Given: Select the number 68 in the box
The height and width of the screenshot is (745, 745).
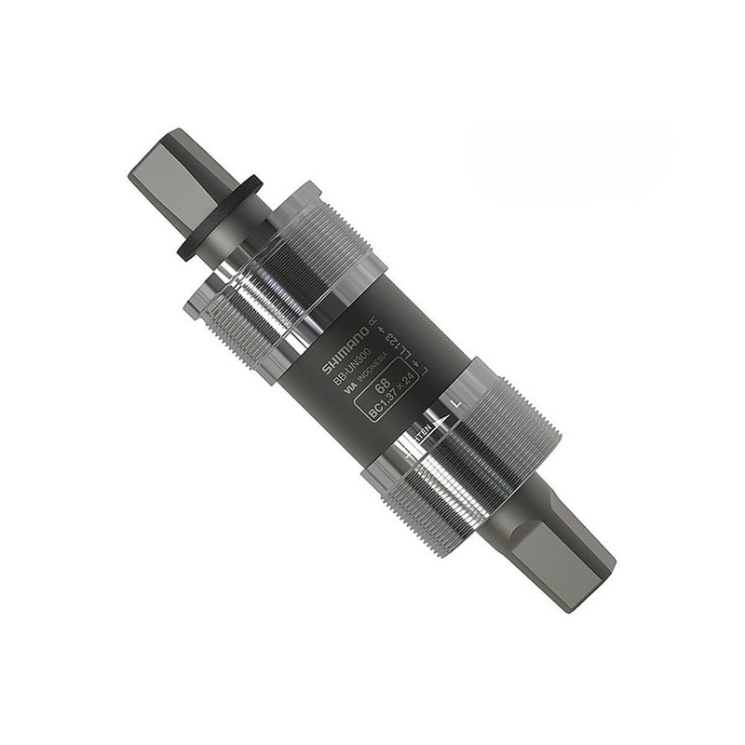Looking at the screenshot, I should click(382, 385).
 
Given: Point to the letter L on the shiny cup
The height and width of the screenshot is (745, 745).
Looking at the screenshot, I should click(454, 403).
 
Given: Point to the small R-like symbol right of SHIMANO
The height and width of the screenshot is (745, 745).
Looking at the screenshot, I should click(373, 322).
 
